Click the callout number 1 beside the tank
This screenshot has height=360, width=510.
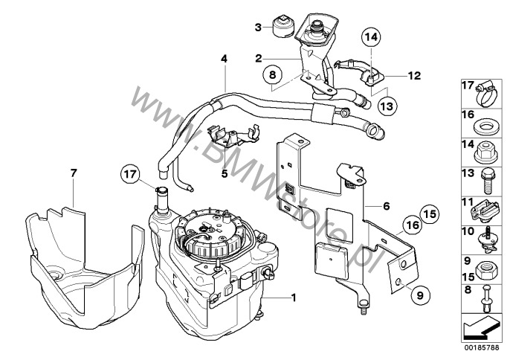pyautogui.click(x=294, y=298)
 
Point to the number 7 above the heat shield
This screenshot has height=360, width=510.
pyautogui.click(x=73, y=173)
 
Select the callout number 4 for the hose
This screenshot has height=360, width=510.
pyautogui.click(x=223, y=58)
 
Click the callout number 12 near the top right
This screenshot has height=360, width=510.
pyautogui.click(x=415, y=76)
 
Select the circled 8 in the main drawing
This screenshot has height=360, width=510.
pyautogui.click(x=273, y=74)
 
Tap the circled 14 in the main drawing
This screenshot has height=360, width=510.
pyautogui.click(x=370, y=36)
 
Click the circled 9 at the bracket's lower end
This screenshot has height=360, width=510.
pyautogui.click(x=418, y=295)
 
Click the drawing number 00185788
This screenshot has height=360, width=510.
pyautogui.click(x=482, y=346)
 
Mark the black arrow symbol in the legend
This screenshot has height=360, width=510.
pyautogui.click(x=481, y=324)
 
